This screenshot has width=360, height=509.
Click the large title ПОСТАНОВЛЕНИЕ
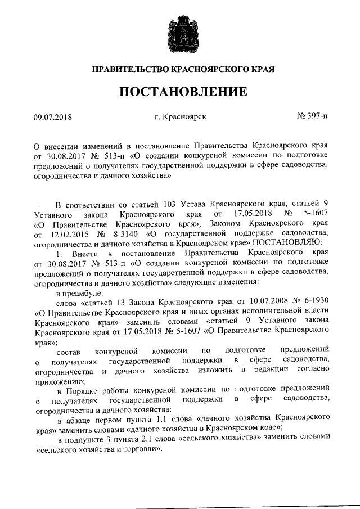[x=180, y=91]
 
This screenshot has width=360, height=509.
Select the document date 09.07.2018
[x=53, y=118]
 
